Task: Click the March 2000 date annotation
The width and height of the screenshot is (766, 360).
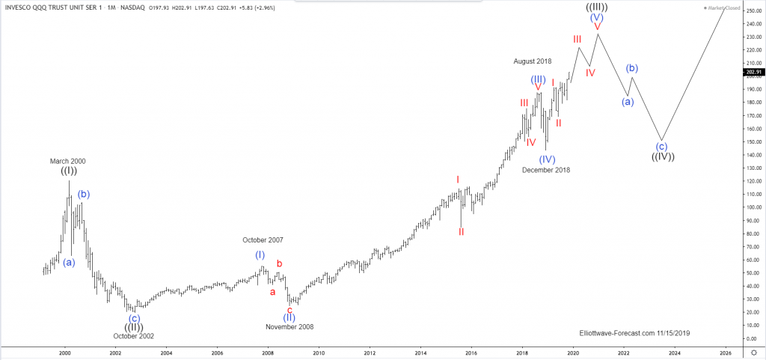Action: click(x=67, y=161)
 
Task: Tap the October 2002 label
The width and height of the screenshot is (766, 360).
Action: click(x=133, y=336)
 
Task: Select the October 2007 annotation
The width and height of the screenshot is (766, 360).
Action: click(x=263, y=240)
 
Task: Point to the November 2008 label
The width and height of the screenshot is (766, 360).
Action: click(x=289, y=326)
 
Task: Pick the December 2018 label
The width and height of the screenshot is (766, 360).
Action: click(x=546, y=170)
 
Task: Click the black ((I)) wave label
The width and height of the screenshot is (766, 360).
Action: click(x=67, y=171)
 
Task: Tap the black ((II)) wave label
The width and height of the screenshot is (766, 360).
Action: click(x=134, y=326)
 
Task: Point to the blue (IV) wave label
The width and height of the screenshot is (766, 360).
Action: click(x=547, y=159)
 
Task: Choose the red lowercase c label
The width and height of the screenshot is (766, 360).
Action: click(x=289, y=309)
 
